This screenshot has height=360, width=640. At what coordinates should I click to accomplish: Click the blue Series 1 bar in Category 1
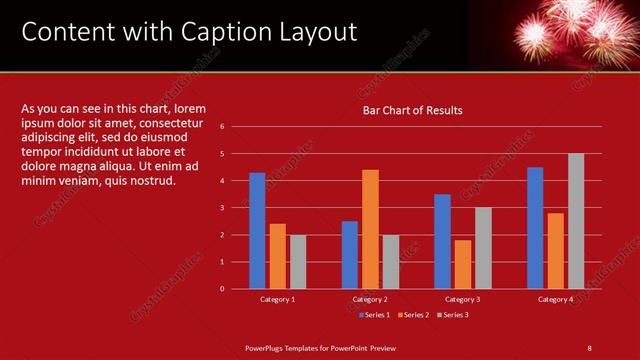(257, 230)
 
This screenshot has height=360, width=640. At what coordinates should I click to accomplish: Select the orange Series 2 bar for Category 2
(370, 229)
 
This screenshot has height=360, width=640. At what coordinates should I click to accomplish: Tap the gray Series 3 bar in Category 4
(576, 221)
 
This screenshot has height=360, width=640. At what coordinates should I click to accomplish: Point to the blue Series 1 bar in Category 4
(535, 227)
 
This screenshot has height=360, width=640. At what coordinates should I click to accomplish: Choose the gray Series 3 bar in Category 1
(298, 261)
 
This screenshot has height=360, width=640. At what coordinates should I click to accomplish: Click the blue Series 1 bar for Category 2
(349, 254)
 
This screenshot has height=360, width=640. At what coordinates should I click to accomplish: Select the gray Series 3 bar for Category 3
(483, 247)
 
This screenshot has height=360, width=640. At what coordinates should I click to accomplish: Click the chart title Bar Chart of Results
(412, 110)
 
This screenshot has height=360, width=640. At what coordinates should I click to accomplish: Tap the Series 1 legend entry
(375, 315)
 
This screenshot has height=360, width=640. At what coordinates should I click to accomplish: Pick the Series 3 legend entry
(454, 315)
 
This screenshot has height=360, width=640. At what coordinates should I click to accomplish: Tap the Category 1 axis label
(277, 299)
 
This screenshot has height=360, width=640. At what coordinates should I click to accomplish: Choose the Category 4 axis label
(555, 299)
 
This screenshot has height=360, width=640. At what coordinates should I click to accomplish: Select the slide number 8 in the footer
(589, 347)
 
